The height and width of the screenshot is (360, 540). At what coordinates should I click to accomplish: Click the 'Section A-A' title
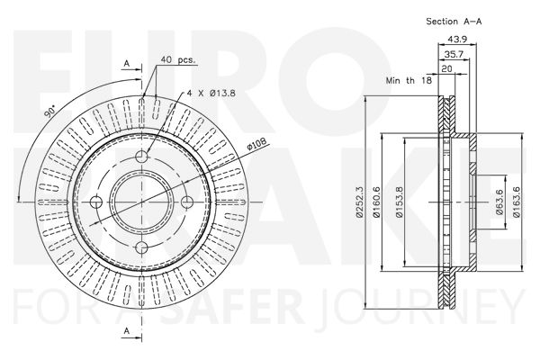454,22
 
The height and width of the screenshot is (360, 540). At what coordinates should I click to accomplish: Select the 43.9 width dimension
457,40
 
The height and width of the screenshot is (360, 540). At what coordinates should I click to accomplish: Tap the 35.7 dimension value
454,54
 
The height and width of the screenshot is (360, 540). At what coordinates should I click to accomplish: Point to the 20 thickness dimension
446,69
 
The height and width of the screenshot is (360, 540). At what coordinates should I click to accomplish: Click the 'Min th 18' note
409,81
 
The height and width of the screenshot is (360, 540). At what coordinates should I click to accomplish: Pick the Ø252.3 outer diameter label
359,202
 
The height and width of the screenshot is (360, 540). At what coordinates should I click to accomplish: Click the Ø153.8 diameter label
399,202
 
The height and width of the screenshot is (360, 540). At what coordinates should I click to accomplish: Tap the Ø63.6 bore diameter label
499,202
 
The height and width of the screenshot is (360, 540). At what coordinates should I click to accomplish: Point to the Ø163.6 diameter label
516,202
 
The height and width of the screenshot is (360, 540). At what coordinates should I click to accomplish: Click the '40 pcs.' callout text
177,59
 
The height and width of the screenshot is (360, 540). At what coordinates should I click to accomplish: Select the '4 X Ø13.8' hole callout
211,93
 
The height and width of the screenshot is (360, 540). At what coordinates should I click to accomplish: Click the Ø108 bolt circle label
257,144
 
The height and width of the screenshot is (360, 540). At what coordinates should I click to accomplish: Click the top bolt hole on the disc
141,157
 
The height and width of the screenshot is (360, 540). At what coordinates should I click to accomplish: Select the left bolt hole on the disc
96,202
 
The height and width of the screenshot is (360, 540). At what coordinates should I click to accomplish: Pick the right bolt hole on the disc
187,202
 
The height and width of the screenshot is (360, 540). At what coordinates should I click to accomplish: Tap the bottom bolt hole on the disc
141,247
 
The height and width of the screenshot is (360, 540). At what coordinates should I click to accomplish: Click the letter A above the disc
127,63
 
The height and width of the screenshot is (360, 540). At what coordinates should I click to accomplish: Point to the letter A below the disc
127,331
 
